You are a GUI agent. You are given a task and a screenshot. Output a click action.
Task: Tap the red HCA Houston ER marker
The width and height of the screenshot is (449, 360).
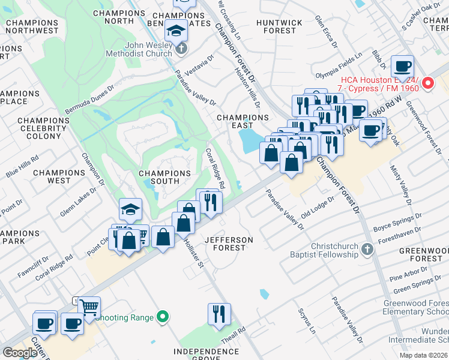428,83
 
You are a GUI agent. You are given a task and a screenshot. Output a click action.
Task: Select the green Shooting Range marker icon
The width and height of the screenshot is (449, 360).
161,316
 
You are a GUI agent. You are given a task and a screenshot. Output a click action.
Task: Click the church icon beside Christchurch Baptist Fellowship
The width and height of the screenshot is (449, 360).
367,247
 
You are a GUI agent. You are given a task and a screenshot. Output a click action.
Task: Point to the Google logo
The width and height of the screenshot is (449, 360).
20,353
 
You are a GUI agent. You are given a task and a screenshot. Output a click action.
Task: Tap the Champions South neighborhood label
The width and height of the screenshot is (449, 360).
164,177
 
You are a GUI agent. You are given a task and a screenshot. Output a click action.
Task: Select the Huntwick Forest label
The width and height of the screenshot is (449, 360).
279,26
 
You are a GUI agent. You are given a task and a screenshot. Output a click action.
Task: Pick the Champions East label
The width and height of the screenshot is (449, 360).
234,121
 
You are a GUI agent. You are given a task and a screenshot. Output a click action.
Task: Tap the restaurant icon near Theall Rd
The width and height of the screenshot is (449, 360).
219,314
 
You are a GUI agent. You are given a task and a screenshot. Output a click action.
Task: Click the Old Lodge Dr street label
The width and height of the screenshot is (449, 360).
317,208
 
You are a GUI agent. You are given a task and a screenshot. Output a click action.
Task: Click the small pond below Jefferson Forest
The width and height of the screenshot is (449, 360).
264,294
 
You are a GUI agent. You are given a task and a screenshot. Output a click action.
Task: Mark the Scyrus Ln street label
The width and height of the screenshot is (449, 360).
307,322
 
